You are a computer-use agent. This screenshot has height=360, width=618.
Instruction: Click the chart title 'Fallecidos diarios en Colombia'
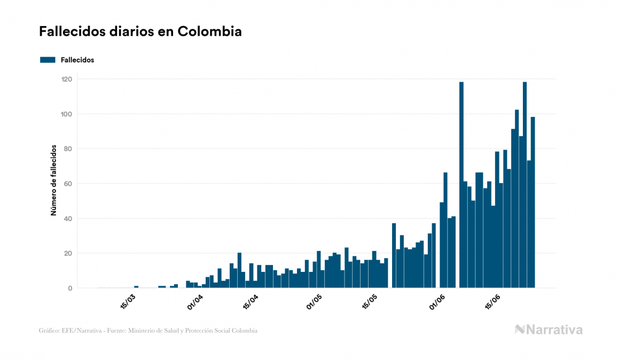[x=140, y=32]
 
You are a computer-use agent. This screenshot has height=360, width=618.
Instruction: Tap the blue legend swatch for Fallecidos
[x=48, y=60]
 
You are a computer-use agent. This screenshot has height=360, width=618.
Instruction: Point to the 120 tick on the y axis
[x=67, y=79]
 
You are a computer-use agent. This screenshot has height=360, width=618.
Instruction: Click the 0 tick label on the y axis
[x=70, y=288]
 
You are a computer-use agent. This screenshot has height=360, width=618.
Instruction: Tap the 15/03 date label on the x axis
[x=128, y=301]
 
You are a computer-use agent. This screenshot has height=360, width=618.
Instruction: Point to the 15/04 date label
[x=251, y=301]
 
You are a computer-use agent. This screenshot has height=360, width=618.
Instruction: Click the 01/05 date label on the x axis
[x=315, y=301]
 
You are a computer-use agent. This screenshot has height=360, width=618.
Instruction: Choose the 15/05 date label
[x=370, y=301]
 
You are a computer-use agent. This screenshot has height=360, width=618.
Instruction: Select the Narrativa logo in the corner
[x=549, y=330]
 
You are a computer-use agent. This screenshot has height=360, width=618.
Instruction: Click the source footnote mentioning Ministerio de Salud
[x=148, y=331]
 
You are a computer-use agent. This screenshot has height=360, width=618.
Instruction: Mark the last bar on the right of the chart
[x=533, y=203]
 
